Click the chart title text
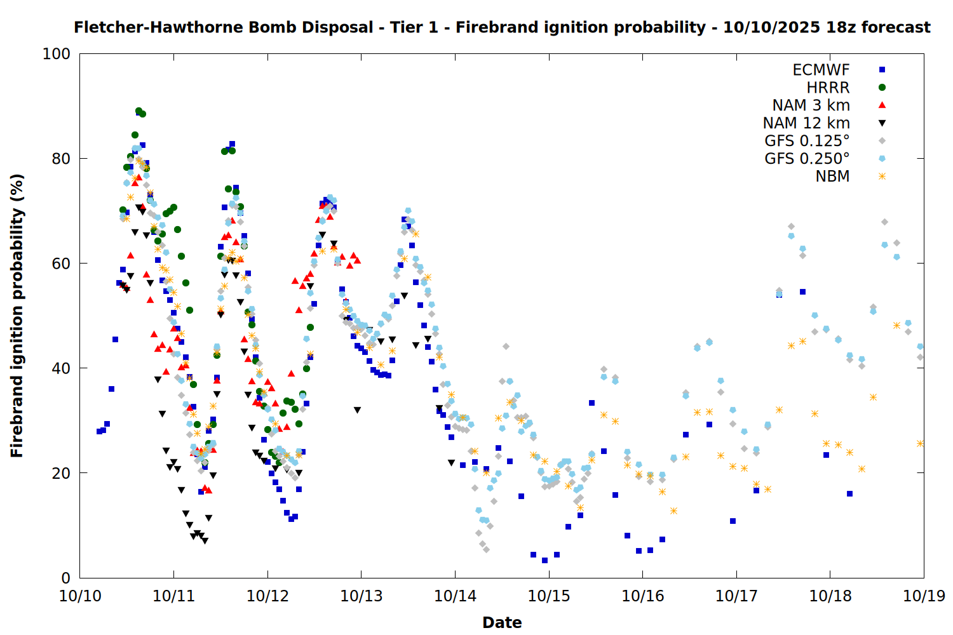(502, 27)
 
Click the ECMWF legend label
(821, 70)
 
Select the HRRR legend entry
(828, 88)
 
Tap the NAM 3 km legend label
(811, 105)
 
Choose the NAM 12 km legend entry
(806, 123)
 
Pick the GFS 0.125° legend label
(807, 141)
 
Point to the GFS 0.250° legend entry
(807, 159)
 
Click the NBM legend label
(832, 177)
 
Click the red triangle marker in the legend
(882, 105)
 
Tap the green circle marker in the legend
(882, 88)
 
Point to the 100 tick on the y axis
(56, 54)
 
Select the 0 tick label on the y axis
(65, 578)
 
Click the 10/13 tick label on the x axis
(362, 596)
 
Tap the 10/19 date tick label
(924, 596)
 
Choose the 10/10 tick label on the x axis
(80, 596)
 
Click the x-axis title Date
(502, 622)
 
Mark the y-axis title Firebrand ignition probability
(17, 316)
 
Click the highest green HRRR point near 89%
(139, 111)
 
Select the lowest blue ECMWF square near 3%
(544, 560)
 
